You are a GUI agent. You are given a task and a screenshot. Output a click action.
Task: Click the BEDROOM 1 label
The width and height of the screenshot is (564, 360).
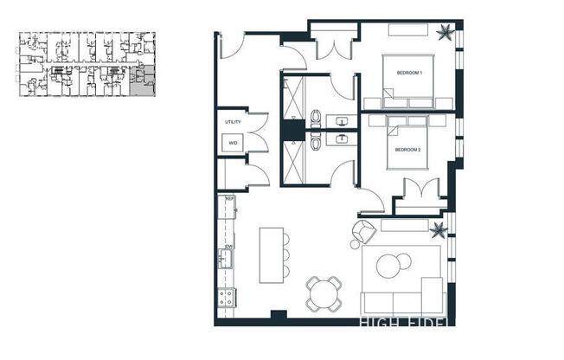(x=408, y=73)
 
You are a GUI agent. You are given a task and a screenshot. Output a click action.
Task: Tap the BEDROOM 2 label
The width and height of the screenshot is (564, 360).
(x=407, y=150)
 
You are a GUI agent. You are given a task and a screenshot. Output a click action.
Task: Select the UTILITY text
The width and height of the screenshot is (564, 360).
(x=233, y=122)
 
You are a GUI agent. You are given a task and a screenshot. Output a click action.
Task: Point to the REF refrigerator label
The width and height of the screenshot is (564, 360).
(x=229, y=200)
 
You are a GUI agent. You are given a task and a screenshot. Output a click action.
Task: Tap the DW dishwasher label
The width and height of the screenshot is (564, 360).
(x=229, y=247)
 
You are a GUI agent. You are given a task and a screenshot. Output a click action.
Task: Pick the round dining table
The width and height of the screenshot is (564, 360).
(x=324, y=294)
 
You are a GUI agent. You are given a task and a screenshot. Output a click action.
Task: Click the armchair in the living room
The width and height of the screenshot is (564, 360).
(x=362, y=233)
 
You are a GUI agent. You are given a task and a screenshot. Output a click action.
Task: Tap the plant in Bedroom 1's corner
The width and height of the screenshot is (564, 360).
(x=445, y=34)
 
